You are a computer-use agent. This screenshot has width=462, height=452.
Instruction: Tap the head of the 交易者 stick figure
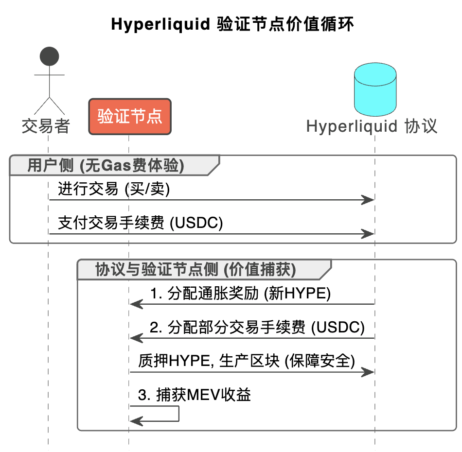(49, 56)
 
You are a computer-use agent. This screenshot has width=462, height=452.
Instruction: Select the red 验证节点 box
(129, 116)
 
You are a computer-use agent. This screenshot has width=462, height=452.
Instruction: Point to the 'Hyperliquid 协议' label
(372, 126)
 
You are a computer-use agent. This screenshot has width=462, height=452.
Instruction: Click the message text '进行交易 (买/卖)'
(114, 189)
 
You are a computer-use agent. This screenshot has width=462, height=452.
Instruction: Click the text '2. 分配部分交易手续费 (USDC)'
(257, 327)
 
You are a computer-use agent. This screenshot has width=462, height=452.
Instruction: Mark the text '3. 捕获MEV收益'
(194, 395)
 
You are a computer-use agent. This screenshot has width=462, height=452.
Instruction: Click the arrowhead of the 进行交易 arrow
(368, 200)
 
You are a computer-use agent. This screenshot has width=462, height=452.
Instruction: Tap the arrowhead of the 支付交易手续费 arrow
(368, 234)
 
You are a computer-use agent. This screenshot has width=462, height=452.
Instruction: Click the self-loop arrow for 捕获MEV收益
(178, 413)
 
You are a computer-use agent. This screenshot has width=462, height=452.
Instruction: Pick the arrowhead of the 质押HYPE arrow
(368, 372)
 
